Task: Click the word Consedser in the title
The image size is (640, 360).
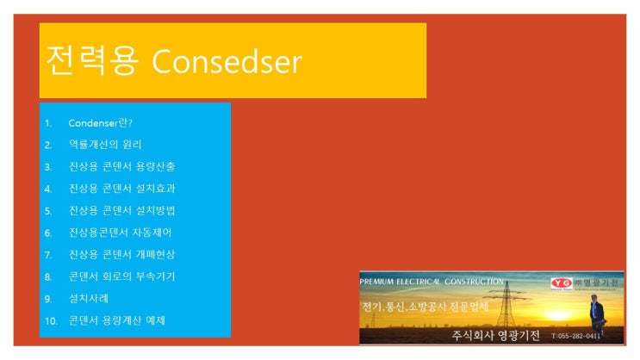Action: [x=227, y=61]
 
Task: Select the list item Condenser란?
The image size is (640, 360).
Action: [x=100, y=122]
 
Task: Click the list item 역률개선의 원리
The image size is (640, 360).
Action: [x=105, y=144]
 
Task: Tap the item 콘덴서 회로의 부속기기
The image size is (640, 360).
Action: [x=122, y=276]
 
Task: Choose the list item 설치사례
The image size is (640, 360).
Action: [x=88, y=299]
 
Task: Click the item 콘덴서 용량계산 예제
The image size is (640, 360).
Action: [x=117, y=320]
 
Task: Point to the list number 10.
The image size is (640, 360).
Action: [x=51, y=321]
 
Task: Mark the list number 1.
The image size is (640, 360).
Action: [x=48, y=122]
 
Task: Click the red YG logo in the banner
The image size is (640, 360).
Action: [x=562, y=282]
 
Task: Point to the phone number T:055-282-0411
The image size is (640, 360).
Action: [x=576, y=336]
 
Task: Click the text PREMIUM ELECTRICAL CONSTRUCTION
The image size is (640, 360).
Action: [x=432, y=282]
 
